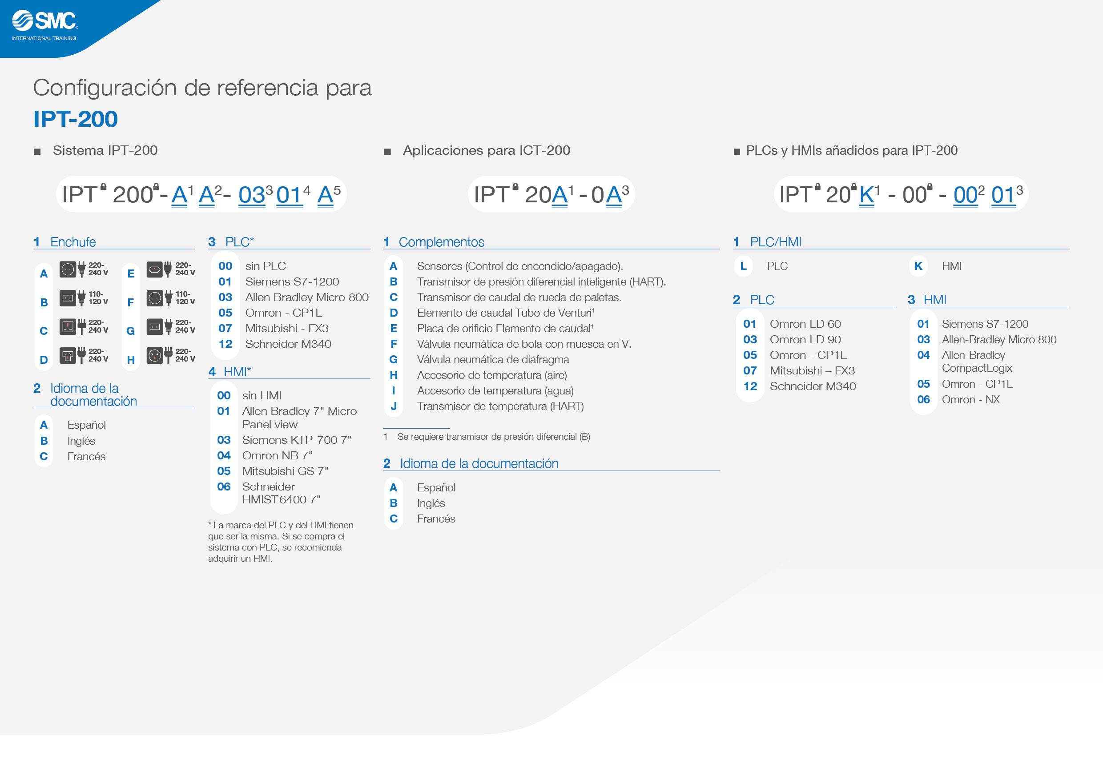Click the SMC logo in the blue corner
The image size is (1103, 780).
(x=44, y=25)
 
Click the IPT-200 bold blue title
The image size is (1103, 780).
(x=76, y=119)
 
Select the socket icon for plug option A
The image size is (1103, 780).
(x=68, y=269)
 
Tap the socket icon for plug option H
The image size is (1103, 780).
(x=155, y=355)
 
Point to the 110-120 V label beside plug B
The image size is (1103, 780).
(x=98, y=298)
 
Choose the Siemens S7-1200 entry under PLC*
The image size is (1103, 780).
(x=292, y=281)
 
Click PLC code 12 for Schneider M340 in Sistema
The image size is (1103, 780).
(x=225, y=344)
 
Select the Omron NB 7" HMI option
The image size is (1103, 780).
(x=277, y=455)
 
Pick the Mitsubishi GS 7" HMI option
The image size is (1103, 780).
(x=286, y=471)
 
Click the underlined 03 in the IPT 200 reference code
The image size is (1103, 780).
(x=252, y=195)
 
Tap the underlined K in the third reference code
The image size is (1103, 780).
(x=867, y=195)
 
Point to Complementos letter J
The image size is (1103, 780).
(x=394, y=406)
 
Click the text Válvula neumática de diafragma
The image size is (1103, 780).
(x=493, y=359)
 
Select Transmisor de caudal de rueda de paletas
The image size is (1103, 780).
(x=519, y=298)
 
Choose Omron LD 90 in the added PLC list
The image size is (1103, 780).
(x=805, y=340)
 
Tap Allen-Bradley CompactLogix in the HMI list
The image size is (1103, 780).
(x=977, y=362)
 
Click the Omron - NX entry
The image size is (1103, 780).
(x=970, y=400)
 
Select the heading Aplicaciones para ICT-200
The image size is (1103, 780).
(x=486, y=150)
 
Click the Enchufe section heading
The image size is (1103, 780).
(x=73, y=242)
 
